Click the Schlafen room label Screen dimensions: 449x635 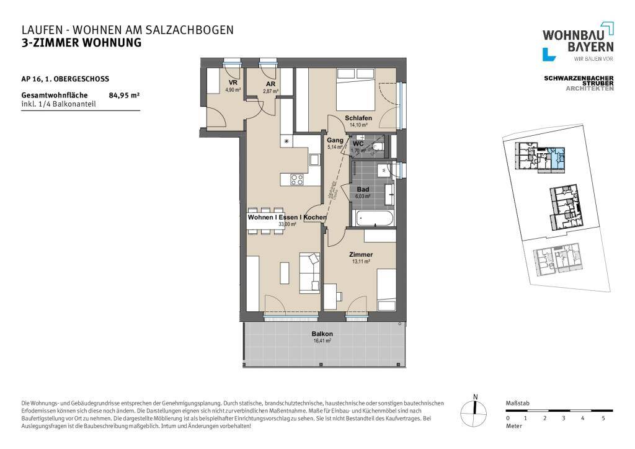tap(358, 118)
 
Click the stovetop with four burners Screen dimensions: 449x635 tap(297, 180)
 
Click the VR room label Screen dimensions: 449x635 tap(233, 83)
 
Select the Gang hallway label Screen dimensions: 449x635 tap(335, 141)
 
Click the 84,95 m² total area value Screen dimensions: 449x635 tap(124, 96)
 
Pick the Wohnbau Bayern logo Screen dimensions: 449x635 tap(577, 42)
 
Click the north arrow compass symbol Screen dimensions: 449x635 tap(475, 407)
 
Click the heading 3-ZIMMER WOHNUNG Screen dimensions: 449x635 tap(81, 43)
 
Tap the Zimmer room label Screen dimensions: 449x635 tap(360, 254)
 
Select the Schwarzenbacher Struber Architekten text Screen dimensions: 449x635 tap(578, 83)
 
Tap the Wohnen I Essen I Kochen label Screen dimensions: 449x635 tap(286, 218)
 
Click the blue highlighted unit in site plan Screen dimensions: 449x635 tap(559, 157)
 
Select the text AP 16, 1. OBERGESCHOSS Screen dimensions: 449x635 tap(65, 79)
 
